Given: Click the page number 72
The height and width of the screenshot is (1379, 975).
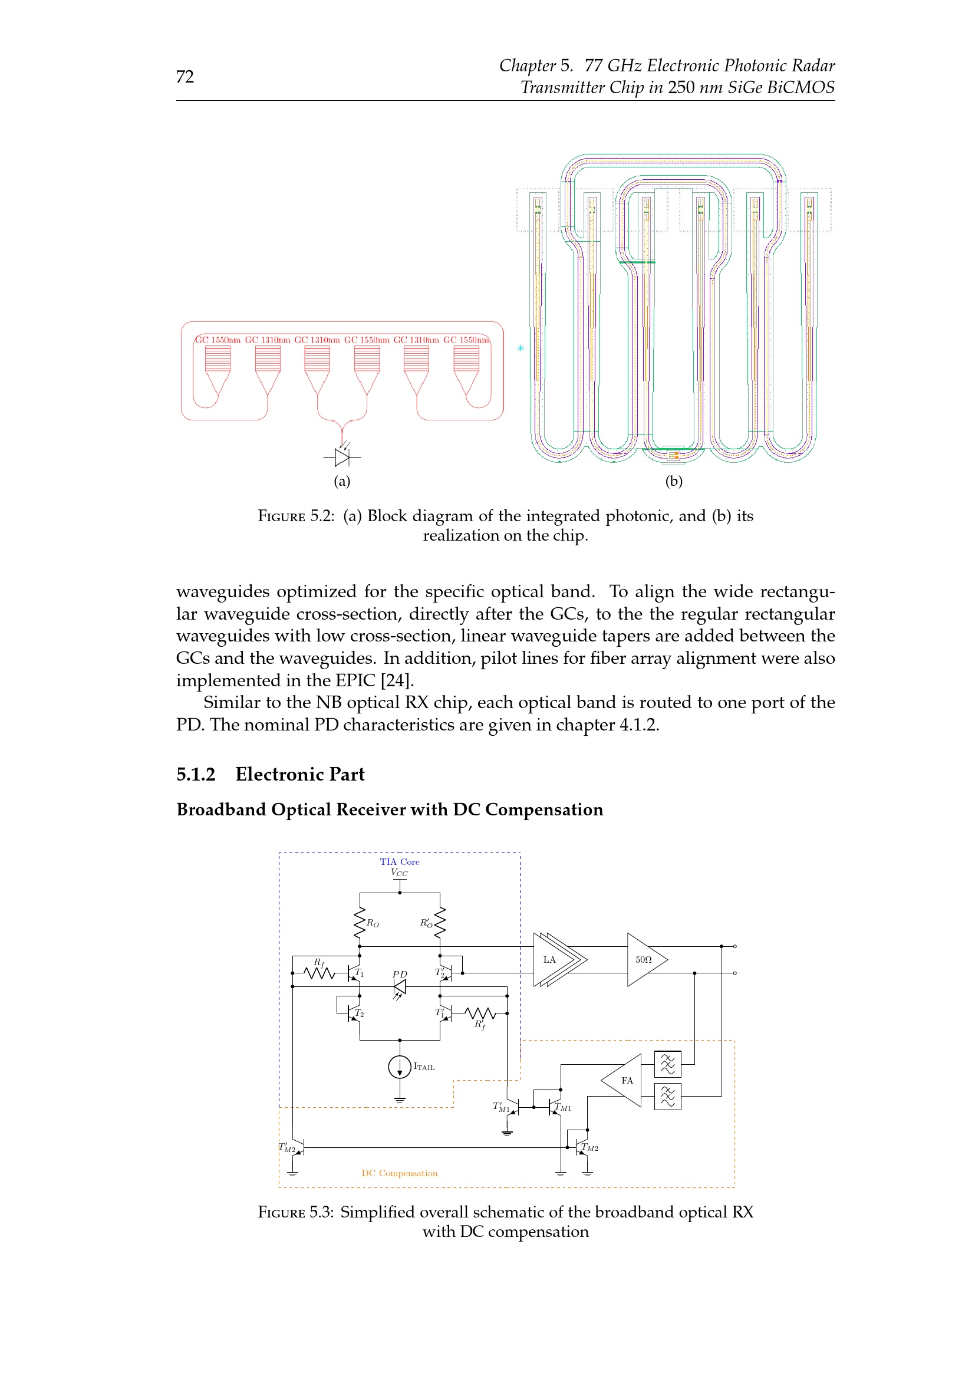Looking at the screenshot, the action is pyautogui.click(x=185, y=76).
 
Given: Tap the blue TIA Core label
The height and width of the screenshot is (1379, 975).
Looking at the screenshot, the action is pyautogui.click(x=399, y=861).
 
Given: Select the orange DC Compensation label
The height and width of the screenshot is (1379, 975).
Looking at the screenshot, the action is pyautogui.click(x=399, y=1173).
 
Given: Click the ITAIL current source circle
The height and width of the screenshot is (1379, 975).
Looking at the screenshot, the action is pyautogui.click(x=400, y=1067).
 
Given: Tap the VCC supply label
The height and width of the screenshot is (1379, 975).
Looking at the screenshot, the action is pyautogui.click(x=399, y=872).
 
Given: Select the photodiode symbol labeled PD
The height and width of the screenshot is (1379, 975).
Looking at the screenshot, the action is pyautogui.click(x=399, y=987).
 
